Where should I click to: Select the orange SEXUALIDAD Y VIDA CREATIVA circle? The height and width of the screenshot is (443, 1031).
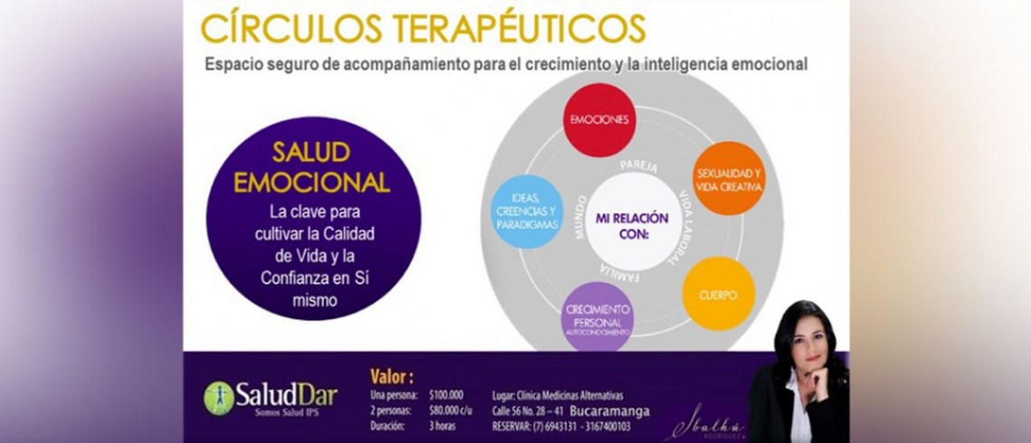click(729, 178)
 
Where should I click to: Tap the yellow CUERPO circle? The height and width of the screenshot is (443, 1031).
click(718, 294)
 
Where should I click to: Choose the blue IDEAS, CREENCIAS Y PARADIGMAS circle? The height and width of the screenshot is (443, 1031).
click(527, 211)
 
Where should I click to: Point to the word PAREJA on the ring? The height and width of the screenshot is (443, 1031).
click(638, 167)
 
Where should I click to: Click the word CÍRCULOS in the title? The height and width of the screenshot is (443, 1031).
click(289, 28)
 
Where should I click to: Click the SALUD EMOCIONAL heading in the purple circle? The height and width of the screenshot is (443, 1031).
click(312, 168)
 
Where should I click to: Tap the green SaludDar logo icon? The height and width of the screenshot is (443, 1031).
click(218, 397)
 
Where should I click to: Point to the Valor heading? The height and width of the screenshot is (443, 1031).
click(392, 376)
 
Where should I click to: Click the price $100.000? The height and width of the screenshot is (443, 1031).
click(447, 395)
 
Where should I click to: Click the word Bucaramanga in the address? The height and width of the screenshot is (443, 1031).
click(610, 410)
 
